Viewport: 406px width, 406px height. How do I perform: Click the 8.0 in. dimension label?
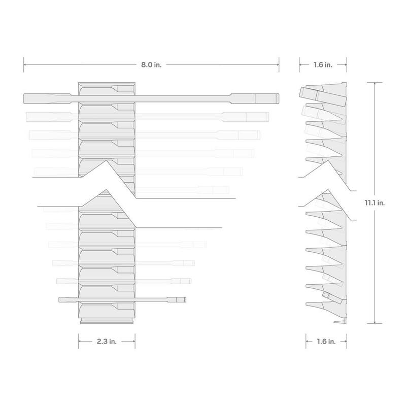click(x=151, y=65)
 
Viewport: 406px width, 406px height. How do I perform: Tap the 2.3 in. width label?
click(x=107, y=342)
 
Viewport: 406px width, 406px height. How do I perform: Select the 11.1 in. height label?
click(x=375, y=202)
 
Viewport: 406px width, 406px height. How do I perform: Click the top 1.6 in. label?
click(x=323, y=65)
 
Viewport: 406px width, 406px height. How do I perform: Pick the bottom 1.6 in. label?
click(x=326, y=342)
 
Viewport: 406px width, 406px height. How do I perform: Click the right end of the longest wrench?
click(x=279, y=98)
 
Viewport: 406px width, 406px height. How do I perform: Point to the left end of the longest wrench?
click(x=24, y=98)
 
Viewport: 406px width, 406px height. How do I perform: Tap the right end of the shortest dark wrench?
click(x=186, y=299)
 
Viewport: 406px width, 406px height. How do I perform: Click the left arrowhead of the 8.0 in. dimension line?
click(x=25, y=65)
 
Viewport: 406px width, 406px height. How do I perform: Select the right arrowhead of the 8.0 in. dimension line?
click(x=278, y=65)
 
